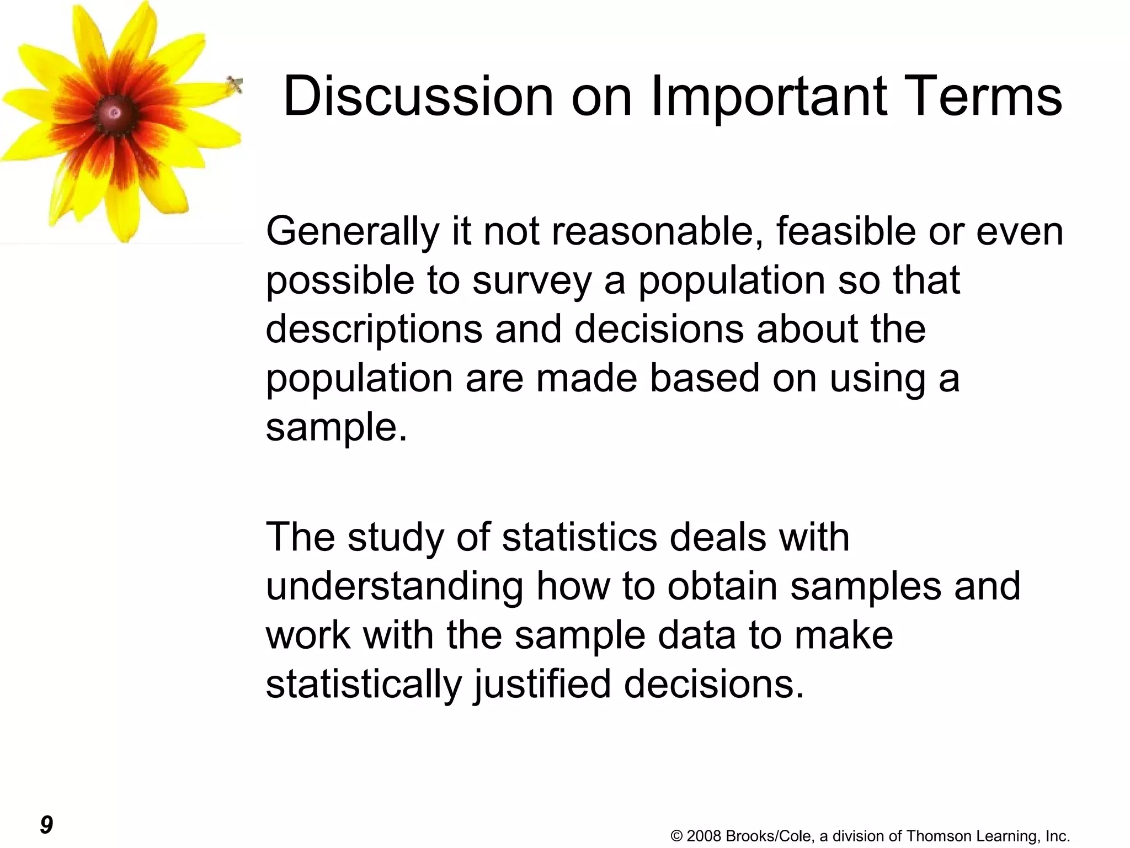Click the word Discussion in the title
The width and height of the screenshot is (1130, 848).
[418, 97]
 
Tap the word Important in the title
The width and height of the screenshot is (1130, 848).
[769, 97]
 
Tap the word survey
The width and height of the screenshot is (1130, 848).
[531, 280]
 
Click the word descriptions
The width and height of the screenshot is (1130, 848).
[374, 330]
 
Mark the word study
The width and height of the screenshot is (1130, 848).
[396, 537]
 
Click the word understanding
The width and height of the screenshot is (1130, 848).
[395, 586]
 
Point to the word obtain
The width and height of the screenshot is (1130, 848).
[722, 586]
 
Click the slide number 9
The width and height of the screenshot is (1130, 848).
[46, 825]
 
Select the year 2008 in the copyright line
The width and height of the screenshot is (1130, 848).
[704, 836]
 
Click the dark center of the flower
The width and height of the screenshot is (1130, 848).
[114, 113]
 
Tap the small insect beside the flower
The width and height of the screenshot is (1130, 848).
[234, 84]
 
